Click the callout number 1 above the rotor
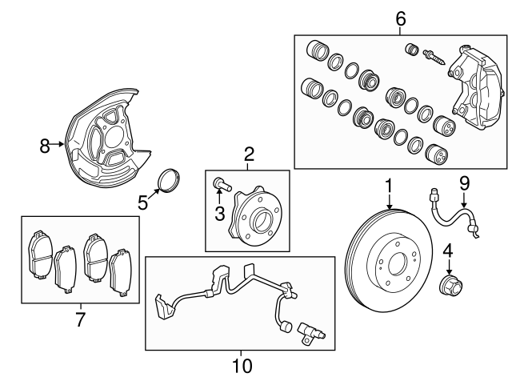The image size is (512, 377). pos(388,186)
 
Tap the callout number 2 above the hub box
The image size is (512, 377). pos(249,154)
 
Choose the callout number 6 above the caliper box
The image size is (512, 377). pos(401,17)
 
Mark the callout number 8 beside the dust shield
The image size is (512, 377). pos(45,146)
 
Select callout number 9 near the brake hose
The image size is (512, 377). pos(463,184)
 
